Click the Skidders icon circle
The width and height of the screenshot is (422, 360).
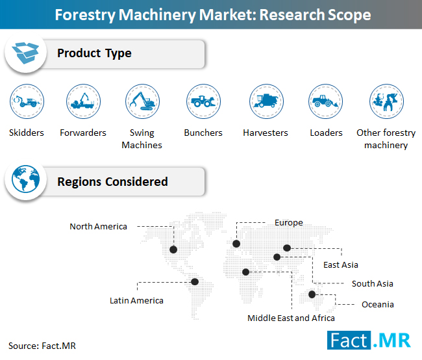click(27, 101)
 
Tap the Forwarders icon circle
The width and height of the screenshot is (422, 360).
click(84, 101)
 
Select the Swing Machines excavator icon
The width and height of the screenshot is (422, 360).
click(142, 101)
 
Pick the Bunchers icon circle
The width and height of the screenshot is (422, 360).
click(203, 101)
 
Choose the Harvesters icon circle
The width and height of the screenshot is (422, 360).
click(266, 101)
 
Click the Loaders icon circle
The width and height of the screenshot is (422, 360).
click(326, 101)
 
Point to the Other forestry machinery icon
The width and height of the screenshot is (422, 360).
click(386, 101)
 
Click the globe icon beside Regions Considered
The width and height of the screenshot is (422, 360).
click(25, 179)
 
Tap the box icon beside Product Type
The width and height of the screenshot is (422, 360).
click(25, 53)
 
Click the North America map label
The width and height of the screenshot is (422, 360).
click(98, 226)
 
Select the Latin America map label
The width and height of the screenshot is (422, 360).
click(136, 300)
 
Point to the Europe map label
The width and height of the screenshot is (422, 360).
click(289, 223)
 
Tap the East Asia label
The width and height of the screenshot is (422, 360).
click(341, 265)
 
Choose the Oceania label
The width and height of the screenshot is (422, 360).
click(378, 305)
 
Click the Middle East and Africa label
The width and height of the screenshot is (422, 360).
click(291, 318)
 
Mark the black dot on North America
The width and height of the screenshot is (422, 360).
click(173, 250)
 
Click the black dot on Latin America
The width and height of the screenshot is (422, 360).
click(195, 282)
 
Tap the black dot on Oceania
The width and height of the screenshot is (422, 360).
click(312, 294)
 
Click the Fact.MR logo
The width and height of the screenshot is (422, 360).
click(369, 341)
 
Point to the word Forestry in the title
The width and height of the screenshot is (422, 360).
click(85, 15)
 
